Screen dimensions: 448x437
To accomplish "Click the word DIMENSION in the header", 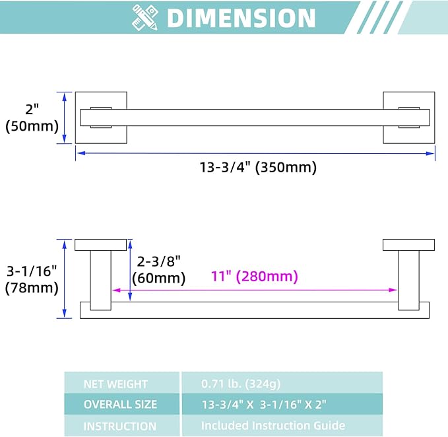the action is coord(241,18).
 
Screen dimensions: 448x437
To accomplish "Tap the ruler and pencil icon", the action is coord(145,18).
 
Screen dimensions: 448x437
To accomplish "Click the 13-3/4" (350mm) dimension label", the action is coord(258,167).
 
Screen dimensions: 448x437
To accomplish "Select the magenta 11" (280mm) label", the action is coord(254,277).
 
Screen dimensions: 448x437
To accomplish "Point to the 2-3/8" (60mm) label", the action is coord(158,269).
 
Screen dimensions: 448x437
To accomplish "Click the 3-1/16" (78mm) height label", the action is coord(32,279).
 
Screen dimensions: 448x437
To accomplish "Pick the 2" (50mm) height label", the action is coord(32,118).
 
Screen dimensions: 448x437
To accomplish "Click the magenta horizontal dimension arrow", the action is coord(255,290).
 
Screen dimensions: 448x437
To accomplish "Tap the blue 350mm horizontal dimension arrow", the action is coord(255,153).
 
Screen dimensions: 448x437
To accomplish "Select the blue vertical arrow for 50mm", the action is coord(64,118).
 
